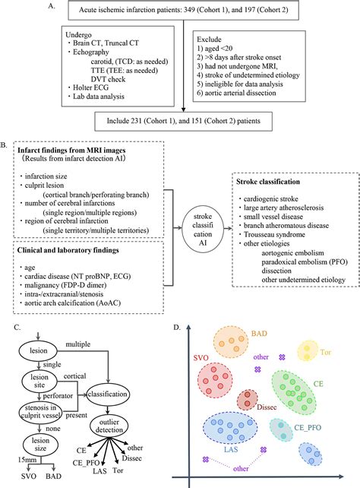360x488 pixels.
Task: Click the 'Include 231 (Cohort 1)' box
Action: pos(181,119)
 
